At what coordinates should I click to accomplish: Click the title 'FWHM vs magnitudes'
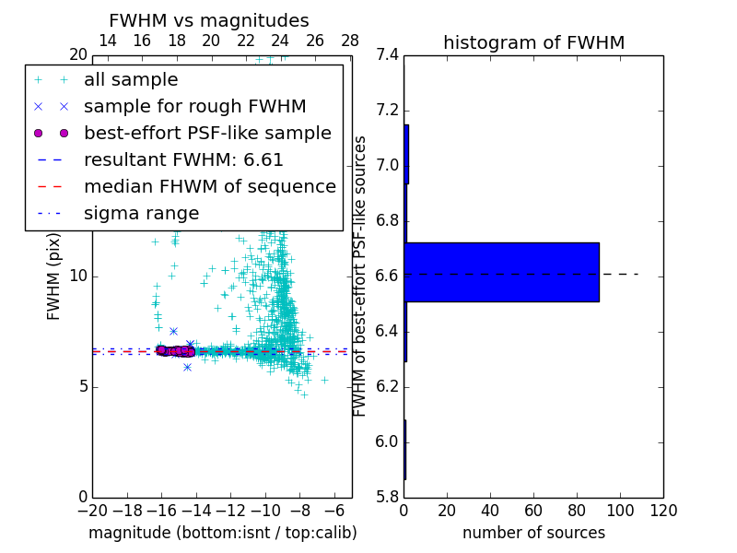coord(209,20)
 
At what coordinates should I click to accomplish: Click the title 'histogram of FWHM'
coord(533,42)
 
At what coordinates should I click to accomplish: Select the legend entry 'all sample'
coord(131,80)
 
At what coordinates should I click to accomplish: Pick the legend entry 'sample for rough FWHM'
coord(194,107)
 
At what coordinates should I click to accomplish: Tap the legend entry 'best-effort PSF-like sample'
coord(207,134)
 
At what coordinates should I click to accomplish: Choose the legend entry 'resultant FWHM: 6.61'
coord(183,160)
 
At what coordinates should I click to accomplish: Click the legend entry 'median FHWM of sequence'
coord(209,187)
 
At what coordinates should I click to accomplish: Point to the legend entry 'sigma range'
coord(141,214)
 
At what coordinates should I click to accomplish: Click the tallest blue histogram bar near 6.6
coord(501,272)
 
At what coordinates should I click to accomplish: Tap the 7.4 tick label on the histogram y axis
coord(387,55)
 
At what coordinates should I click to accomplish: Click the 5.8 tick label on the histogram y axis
coord(387,497)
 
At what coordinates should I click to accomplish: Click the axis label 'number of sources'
coord(533,533)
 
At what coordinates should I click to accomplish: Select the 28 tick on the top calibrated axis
coord(350,41)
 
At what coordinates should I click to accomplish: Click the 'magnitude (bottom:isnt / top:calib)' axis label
coord(222,533)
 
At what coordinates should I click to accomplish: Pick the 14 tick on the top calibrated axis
coord(107,41)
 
